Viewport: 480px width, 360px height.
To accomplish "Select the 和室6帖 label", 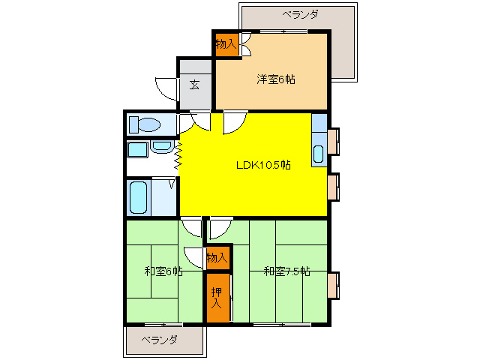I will pyautogui.click(x=163, y=271).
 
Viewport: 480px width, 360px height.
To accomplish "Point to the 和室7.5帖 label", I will pyautogui.click(x=286, y=271).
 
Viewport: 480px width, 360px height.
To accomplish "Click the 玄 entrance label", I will pyautogui.click(x=194, y=84).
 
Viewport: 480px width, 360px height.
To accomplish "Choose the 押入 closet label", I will pyautogui.click(x=217, y=298).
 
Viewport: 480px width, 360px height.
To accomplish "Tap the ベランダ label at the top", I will pyautogui.click(x=301, y=14).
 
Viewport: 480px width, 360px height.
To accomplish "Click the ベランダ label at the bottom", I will pyautogui.click(x=160, y=340).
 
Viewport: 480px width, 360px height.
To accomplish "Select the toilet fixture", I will pyautogui.click(x=142, y=124).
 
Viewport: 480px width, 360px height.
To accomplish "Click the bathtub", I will pyautogui.click(x=139, y=197).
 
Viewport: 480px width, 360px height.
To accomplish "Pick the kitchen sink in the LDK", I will pyautogui.click(x=318, y=154).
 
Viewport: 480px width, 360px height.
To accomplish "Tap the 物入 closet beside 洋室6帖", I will pyautogui.click(x=226, y=45).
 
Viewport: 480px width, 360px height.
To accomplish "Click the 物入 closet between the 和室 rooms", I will pyautogui.click(x=217, y=258).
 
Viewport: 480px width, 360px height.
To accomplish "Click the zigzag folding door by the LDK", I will pyautogui.click(x=178, y=154).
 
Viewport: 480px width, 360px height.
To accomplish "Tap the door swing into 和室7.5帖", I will pyautogui.click(x=220, y=226).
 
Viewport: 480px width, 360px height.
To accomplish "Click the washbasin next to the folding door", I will pyautogui.click(x=162, y=147).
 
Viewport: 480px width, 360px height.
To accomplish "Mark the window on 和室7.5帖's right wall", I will pyautogui.click(x=332, y=283).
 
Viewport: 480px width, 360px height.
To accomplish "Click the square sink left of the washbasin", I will pyautogui.click(x=137, y=148).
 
